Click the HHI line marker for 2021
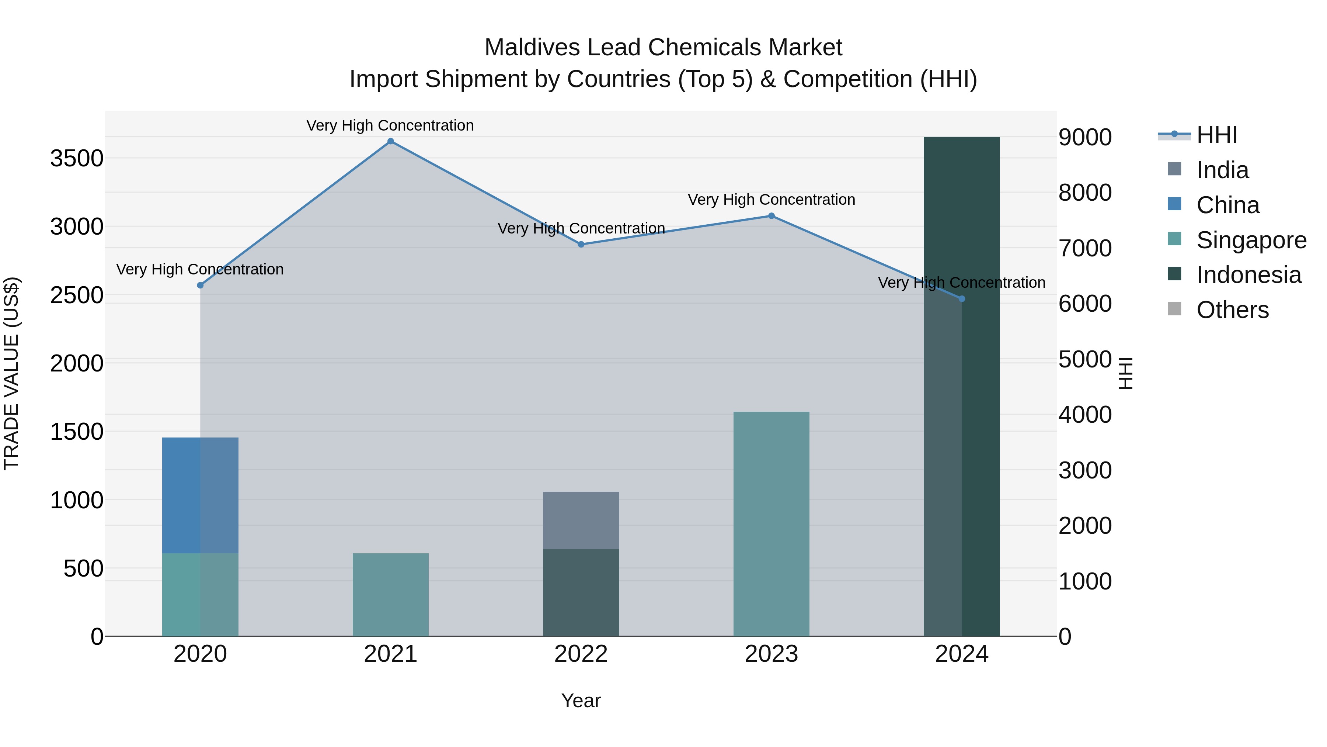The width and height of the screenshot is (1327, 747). click(390, 141)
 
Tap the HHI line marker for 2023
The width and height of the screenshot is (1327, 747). click(771, 216)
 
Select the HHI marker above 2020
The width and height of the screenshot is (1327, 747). click(201, 285)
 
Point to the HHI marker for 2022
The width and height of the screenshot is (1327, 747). click(581, 244)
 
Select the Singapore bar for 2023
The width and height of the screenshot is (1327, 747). click(771, 523)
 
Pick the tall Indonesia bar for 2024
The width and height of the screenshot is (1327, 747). click(961, 387)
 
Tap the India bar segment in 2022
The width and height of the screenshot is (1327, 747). click(581, 520)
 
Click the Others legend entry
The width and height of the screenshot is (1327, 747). click(1232, 310)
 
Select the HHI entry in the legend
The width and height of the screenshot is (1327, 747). click(1217, 135)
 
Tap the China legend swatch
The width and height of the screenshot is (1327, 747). click(1174, 204)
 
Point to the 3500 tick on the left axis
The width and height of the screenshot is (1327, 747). click(77, 158)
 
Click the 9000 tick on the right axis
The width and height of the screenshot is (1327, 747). click(1085, 137)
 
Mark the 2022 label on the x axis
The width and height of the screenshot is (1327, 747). click(581, 654)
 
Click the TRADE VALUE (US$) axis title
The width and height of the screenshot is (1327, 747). click(11, 373)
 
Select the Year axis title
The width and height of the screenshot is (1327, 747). click(581, 701)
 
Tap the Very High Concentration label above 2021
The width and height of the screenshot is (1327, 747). click(390, 125)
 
